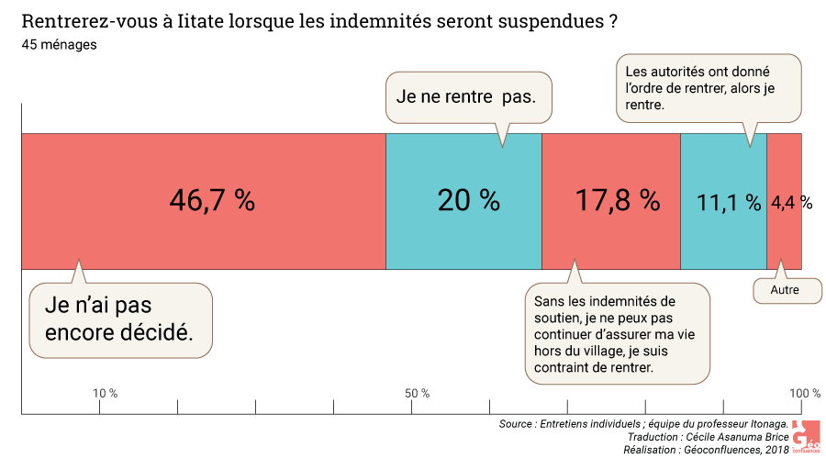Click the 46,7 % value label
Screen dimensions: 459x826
[212, 201]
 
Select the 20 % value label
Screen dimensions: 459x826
[468, 201]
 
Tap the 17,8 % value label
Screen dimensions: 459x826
[618, 201]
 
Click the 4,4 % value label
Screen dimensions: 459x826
[791, 203]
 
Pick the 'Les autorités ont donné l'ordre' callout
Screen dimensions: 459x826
[708, 87]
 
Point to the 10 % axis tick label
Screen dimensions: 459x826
[106, 394]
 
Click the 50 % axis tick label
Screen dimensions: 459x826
[418, 394]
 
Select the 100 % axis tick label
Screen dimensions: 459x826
[805, 394]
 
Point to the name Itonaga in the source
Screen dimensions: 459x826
[762, 424]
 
